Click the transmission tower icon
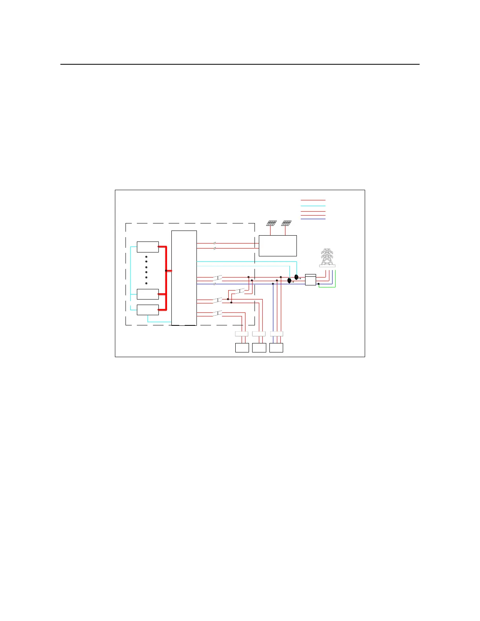click(327, 258)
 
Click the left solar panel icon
click(271, 223)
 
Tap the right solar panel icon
click(286, 223)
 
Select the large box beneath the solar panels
click(278, 246)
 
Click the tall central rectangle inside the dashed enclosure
click(184, 278)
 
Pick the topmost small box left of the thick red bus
click(147, 247)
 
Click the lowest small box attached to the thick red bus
click(147, 310)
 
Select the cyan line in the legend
click(313, 206)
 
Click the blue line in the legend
click(313, 219)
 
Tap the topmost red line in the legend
click(313, 200)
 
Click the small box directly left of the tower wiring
click(310, 280)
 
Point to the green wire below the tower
click(327, 287)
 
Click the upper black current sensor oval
click(296, 277)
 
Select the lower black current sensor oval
click(289, 281)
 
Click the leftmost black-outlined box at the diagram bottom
click(242, 348)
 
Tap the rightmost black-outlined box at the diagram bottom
click(276, 348)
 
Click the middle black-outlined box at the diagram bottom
click(259, 348)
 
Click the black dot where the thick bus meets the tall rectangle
click(166, 271)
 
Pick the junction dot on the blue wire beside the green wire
click(318, 284)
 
